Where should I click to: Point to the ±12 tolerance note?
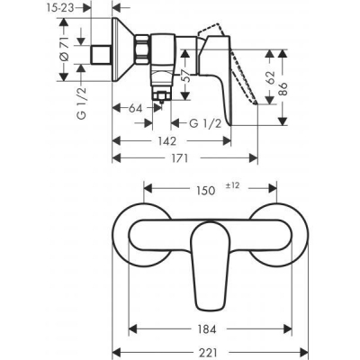pyautogui.click(x=236, y=184)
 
